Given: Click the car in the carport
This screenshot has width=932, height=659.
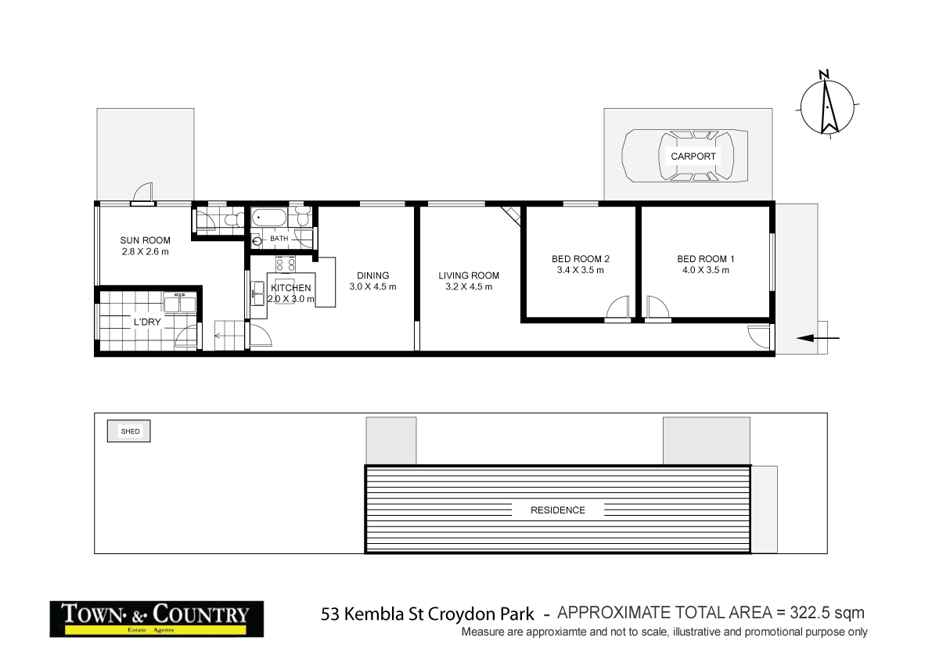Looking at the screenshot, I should point(684,156).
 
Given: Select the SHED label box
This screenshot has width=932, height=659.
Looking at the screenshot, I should point(130,431).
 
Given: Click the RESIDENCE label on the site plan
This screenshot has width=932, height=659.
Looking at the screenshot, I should point(558,510).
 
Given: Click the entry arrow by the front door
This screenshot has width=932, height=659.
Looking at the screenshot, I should point(818,339).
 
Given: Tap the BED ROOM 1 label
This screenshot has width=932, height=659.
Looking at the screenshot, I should point(706,259).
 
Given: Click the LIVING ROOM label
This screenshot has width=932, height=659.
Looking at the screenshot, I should point(468,275).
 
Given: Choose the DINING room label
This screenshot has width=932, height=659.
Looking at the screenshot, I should point(372,275).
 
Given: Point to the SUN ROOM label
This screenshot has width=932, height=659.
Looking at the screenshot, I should point(145,240).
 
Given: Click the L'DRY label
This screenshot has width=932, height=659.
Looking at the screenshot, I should point(147,322).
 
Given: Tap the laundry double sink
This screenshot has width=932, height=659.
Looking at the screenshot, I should point(179,303).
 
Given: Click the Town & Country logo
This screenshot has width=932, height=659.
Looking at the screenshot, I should point(157,618).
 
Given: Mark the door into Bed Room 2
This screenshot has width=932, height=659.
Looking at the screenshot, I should point(618,308).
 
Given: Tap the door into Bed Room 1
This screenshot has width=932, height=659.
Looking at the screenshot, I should point(658,308).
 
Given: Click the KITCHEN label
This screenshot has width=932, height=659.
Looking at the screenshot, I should point(291,288).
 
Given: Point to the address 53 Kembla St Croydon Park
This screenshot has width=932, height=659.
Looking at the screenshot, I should point(428,614).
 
